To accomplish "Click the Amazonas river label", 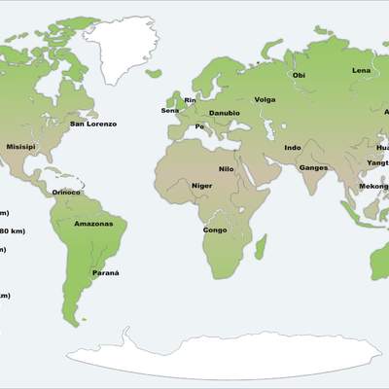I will (93, 225).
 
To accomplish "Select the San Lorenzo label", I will (93, 124).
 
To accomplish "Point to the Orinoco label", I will (66, 193).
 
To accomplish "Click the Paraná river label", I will (105, 273).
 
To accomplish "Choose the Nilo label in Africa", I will (226, 169).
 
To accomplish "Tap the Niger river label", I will (201, 185).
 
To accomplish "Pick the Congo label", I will (215, 230).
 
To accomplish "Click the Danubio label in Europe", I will (225, 113).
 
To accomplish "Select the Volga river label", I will (265, 99).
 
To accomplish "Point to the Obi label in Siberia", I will (299, 75).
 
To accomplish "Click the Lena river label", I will (362, 71).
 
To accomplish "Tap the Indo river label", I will (292, 148).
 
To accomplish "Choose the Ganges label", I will (313, 167).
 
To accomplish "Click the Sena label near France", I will (170, 111).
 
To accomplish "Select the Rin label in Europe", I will (191, 99).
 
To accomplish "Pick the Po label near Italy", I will (199, 126).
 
